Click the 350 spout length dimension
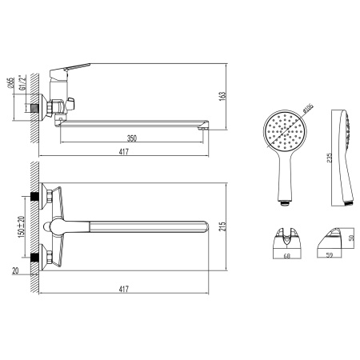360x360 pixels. click(x=132, y=138)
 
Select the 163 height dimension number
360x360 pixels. click(x=222, y=96)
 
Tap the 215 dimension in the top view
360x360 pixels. click(x=222, y=226)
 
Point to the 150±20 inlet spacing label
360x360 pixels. click(x=22, y=226)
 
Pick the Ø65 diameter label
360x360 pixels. click(x=10, y=83)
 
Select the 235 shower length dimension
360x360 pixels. click(x=330, y=158)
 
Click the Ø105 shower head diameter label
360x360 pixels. click(x=308, y=109)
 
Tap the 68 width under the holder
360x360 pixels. click(x=287, y=256)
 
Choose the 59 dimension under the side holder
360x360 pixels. click(x=330, y=255)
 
